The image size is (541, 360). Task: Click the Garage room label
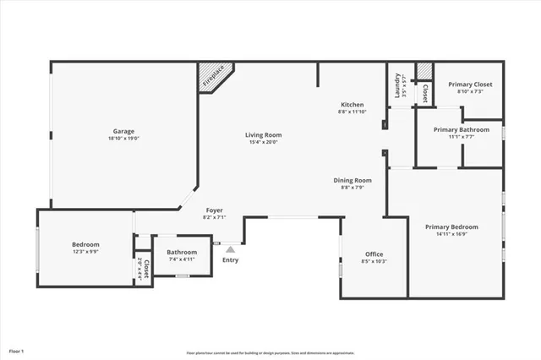(124, 131)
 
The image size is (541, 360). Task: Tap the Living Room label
(263, 134)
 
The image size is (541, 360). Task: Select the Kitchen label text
(352, 104)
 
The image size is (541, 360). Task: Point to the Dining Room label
(352, 180)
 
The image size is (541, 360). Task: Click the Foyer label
(216, 210)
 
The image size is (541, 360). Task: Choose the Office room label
(374, 254)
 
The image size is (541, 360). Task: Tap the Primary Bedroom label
(457, 226)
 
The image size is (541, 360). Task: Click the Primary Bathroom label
(461, 129)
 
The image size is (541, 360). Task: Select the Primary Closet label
(470, 84)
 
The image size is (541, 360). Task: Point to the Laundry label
(398, 85)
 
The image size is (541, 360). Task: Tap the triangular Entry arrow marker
(230, 249)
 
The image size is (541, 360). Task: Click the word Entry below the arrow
(230, 259)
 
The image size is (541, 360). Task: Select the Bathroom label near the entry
(182, 252)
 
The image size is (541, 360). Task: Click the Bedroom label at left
(85, 244)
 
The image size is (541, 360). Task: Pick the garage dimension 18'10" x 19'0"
(124, 140)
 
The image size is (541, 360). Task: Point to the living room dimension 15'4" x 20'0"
(263, 142)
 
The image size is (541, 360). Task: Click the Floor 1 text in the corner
(17, 350)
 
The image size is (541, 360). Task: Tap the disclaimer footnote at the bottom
(270, 352)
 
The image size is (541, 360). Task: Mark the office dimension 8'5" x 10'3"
(374, 261)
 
